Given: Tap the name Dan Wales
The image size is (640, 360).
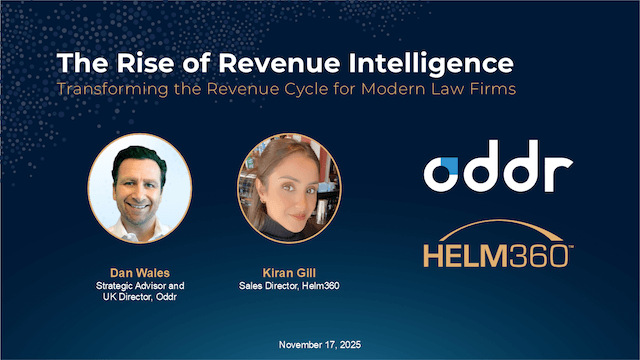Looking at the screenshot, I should click(139, 272).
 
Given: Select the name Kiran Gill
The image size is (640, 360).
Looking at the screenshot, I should click(289, 272).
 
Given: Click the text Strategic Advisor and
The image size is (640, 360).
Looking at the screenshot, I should click(139, 285).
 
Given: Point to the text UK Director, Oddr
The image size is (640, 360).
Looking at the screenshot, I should click(139, 297).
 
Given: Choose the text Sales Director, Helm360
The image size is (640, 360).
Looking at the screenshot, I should click(289, 285).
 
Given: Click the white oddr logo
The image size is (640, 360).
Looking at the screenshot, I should click(496, 171).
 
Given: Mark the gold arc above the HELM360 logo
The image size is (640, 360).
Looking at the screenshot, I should click(496, 227).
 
